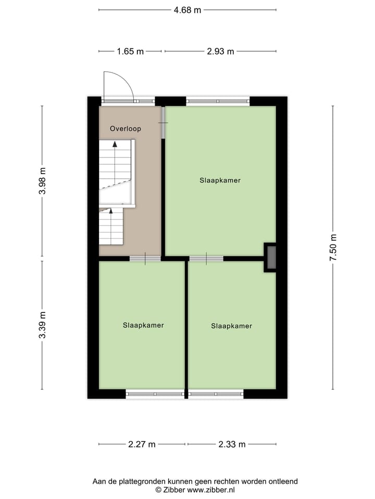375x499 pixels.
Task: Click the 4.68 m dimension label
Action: pyautogui.click(x=187, y=10)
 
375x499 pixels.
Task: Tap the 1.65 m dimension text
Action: pyautogui.click(x=129, y=51)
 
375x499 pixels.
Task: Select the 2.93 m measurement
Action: pyautogui.click(x=220, y=51)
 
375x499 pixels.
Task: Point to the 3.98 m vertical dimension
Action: pyautogui.click(x=42, y=180)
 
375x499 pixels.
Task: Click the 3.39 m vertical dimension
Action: pyautogui.click(x=42, y=325)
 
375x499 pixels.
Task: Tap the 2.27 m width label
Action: pyautogui.click(x=142, y=444)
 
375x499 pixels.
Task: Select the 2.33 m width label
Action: pyautogui.click(x=232, y=444)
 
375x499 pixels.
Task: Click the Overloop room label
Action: pyautogui.click(x=125, y=128)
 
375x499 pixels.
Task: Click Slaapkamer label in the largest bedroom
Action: pyautogui.click(x=220, y=180)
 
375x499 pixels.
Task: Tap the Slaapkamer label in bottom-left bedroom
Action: pyautogui.click(x=143, y=325)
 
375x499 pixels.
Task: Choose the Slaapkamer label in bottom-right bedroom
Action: pyautogui.click(x=232, y=326)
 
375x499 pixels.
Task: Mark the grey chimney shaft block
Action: pyautogui.click(x=271, y=257)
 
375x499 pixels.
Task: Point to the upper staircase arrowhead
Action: pyautogui.click(x=115, y=144)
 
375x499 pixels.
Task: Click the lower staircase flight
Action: pyautogui.click(x=111, y=226)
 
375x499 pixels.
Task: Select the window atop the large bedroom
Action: pyautogui.click(x=218, y=101)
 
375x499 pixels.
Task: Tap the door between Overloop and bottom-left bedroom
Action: pyautogui.click(x=145, y=258)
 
